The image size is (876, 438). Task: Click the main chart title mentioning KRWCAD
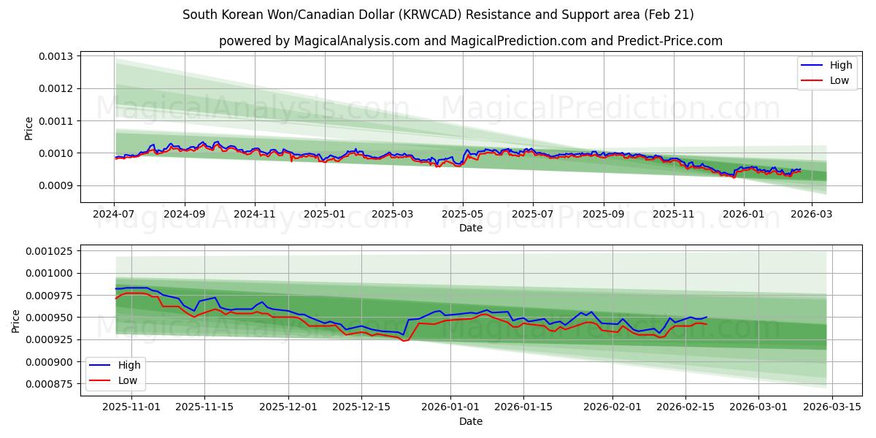(x=438, y=15)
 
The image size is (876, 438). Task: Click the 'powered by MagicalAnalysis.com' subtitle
(x=470, y=41)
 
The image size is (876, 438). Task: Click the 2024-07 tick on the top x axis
(x=114, y=215)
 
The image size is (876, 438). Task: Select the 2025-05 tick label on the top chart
(x=462, y=215)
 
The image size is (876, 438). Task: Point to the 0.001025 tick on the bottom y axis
(x=50, y=251)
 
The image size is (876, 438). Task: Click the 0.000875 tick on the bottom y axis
(x=50, y=384)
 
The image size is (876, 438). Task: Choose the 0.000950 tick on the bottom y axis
(x=50, y=318)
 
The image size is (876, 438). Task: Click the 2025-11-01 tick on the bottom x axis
(x=131, y=407)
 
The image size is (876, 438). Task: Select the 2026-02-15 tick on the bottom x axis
(x=685, y=407)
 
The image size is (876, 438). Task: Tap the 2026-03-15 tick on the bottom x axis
(x=831, y=407)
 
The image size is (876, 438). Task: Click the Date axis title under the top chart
(x=470, y=228)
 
